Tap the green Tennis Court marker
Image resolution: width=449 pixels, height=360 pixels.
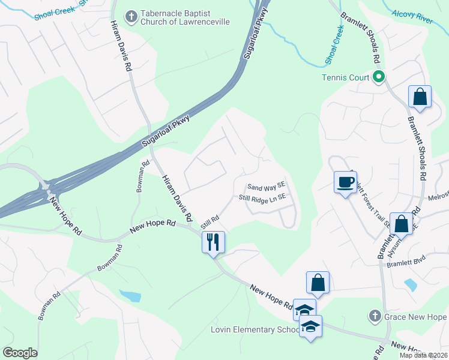(x=379, y=77)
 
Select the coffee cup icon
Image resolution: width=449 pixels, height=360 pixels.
(x=345, y=182)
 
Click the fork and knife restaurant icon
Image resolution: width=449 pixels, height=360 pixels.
(x=213, y=242)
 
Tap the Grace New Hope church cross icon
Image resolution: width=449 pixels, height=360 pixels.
(x=374, y=316)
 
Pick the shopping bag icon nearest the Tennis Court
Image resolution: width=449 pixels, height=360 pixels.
(x=420, y=97)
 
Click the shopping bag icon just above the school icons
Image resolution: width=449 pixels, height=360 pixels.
(x=318, y=283)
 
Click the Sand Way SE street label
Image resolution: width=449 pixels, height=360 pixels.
(x=266, y=188)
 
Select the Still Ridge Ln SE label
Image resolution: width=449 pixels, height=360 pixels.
(x=262, y=197)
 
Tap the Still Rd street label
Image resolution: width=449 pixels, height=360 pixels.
(x=208, y=223)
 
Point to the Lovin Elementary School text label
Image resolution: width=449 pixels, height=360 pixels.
(x=255, y=330)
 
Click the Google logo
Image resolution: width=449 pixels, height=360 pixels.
(x=20, y=353)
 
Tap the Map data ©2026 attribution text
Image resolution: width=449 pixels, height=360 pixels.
(x=423, y=355)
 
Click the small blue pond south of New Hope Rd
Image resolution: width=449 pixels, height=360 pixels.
(x=130, y=295)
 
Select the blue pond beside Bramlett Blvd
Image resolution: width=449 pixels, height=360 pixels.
(x=411, y=284)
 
